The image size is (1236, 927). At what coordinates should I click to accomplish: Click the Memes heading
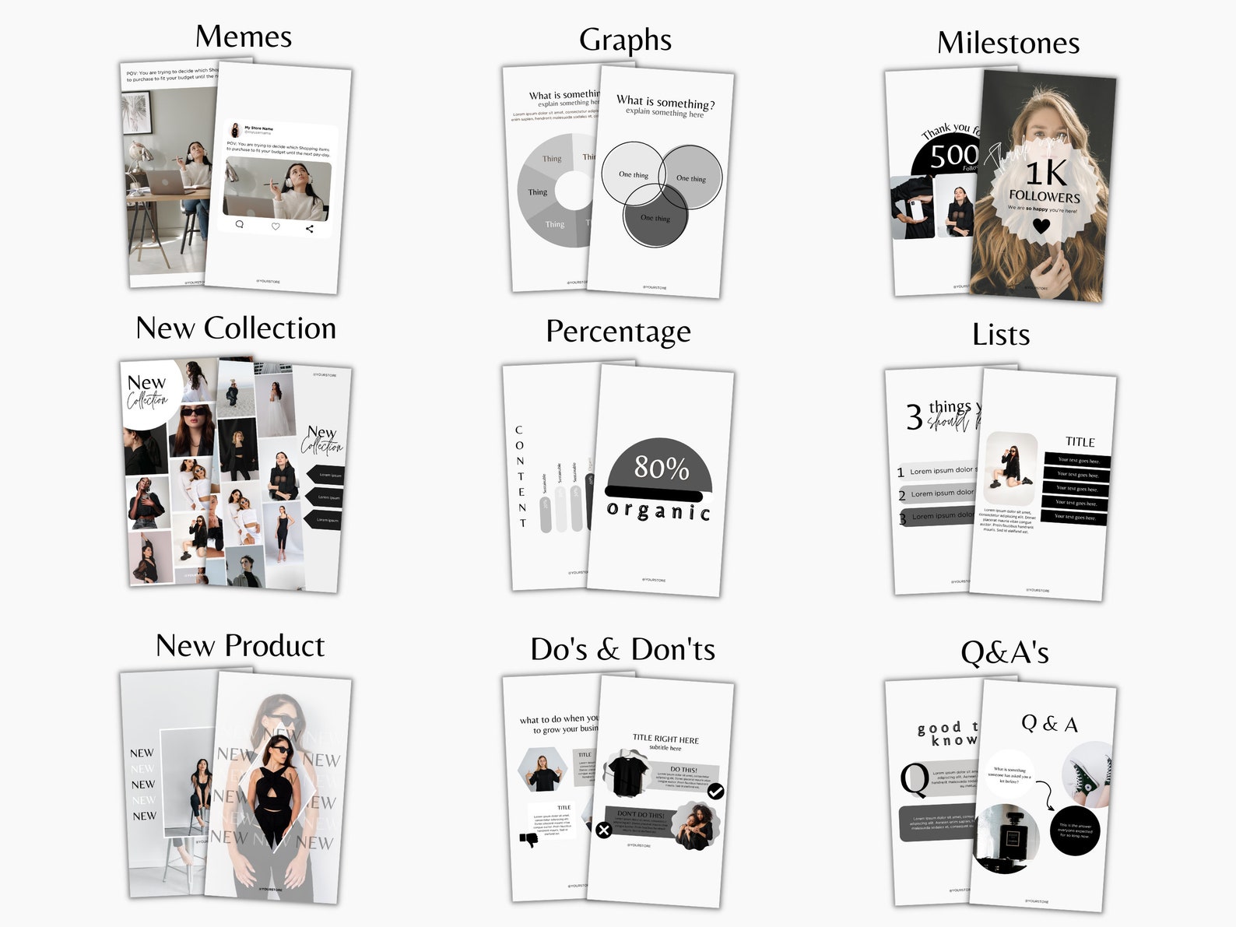[244, 37]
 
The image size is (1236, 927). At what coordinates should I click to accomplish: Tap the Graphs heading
[625, 40]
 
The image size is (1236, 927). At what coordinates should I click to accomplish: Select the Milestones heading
[1008, 43]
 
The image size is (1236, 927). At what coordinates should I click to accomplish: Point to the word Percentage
[618, 332]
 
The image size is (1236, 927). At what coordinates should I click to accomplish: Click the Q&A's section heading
[1004, 652]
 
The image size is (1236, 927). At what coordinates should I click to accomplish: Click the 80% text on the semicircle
[661, 467]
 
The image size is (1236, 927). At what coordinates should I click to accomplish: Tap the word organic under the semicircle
[658, 511]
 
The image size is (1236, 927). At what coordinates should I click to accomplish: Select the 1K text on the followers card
[1046, 173]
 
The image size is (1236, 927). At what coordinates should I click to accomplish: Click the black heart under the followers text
[1041, 226]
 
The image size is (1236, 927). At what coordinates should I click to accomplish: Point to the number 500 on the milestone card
[953, 156]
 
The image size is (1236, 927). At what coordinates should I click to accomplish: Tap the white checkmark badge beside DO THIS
[716, 792]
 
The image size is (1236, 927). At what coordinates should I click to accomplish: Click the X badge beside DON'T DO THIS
[603, 830]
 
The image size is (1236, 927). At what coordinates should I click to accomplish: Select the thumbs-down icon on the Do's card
[529, 840]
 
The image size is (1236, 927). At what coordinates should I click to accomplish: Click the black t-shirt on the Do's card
[627, 774]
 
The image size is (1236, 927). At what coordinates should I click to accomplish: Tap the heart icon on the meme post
[275, 226]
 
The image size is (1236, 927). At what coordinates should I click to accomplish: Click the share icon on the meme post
[310, 229]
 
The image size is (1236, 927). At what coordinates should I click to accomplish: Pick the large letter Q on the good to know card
[914, 780]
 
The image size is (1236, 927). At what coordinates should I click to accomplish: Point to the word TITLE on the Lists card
[1080, 442]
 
